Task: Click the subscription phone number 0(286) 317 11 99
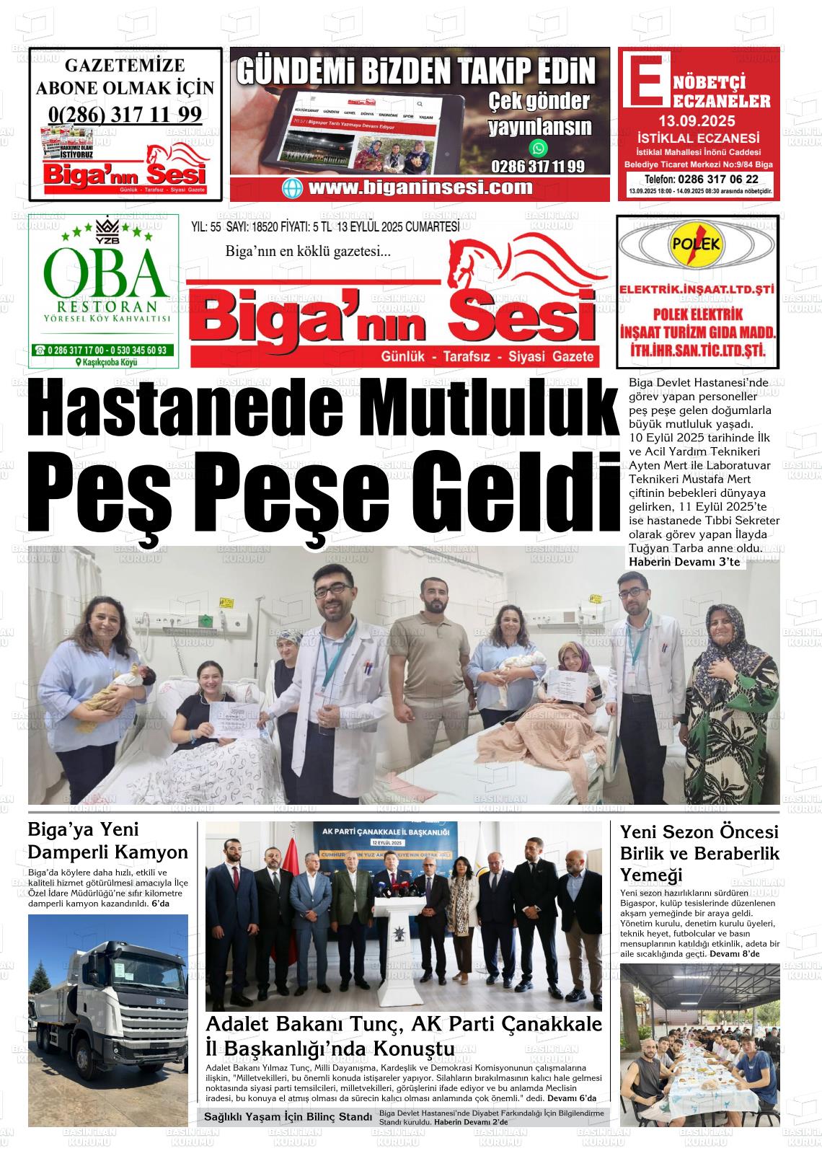pyautogui.click(x=125, y=114)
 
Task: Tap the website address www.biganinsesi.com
pyautogui.click(x=420, y=188)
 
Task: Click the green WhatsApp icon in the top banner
pyautogui.click(x=539, y=149)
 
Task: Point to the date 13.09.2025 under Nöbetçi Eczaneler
pyautogui.click(x=696, y=120)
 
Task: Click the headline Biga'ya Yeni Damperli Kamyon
pyautogui.click(x=107, y=841)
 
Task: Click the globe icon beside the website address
pyautogui.click(x=293, y=188)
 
